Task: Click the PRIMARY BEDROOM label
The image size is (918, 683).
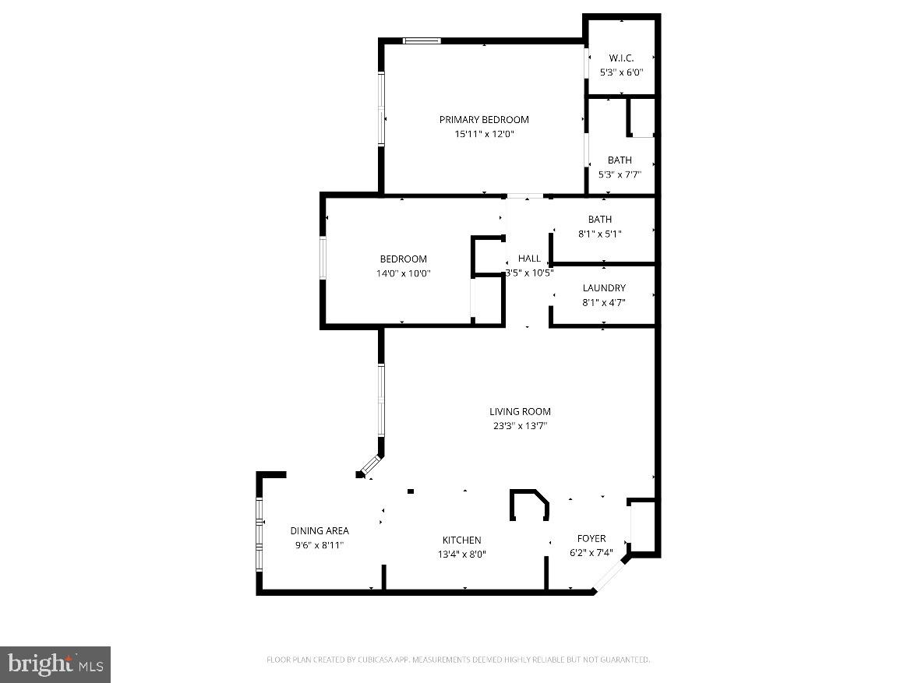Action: (484, 120)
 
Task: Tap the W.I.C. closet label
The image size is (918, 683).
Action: (620, 58)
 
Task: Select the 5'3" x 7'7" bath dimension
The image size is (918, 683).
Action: (620, 174)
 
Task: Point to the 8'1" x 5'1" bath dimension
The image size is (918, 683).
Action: (599, 234)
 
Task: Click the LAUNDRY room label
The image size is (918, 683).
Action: (604, 288)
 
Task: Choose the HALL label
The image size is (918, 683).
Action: (529, 259)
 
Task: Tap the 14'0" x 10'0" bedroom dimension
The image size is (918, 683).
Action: (403, 273)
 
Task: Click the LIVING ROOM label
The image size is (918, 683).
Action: (520, 412)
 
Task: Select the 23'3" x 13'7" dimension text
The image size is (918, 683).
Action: (520, 426)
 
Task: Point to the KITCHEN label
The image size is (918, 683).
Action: (461, 540)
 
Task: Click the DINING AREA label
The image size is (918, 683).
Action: (320, 531)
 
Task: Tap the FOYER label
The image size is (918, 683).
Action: (591, 539)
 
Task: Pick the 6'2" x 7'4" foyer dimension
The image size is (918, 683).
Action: (591, 554)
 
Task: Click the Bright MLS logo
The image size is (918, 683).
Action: (55, 664)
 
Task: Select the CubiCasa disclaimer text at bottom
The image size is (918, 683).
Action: (458, 660)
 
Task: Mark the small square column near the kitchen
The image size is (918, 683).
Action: (411, 491)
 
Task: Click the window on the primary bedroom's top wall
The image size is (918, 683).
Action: (422, 40)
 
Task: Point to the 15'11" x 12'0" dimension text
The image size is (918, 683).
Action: (484, 134)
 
